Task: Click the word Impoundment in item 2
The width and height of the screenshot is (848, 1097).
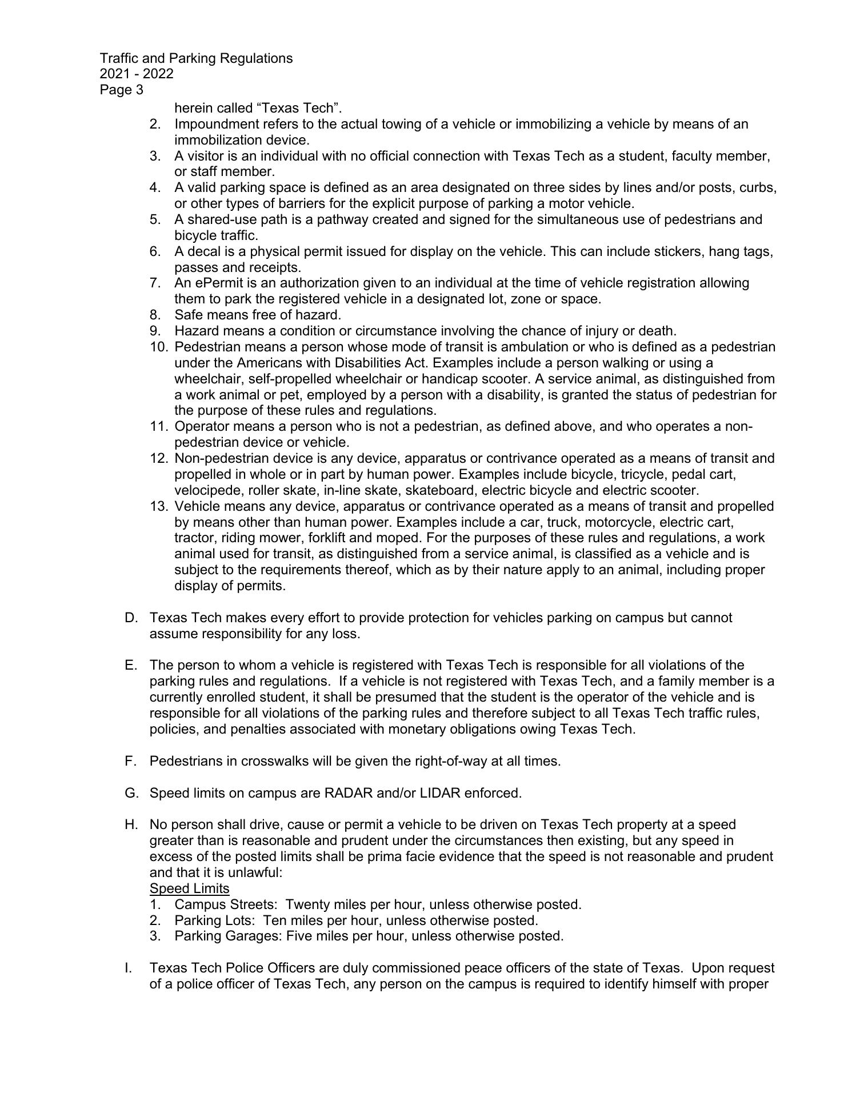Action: point(213,124)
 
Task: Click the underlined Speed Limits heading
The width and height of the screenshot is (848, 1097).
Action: point(189,888)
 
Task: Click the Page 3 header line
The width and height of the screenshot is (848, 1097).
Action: point(122,90)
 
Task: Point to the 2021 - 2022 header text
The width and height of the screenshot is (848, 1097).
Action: point(137,74)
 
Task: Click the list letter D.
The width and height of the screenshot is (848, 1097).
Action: point(130,618)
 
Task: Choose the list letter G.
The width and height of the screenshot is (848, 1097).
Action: point(130,793)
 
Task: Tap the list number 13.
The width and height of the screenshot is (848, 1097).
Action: point(158,506)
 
